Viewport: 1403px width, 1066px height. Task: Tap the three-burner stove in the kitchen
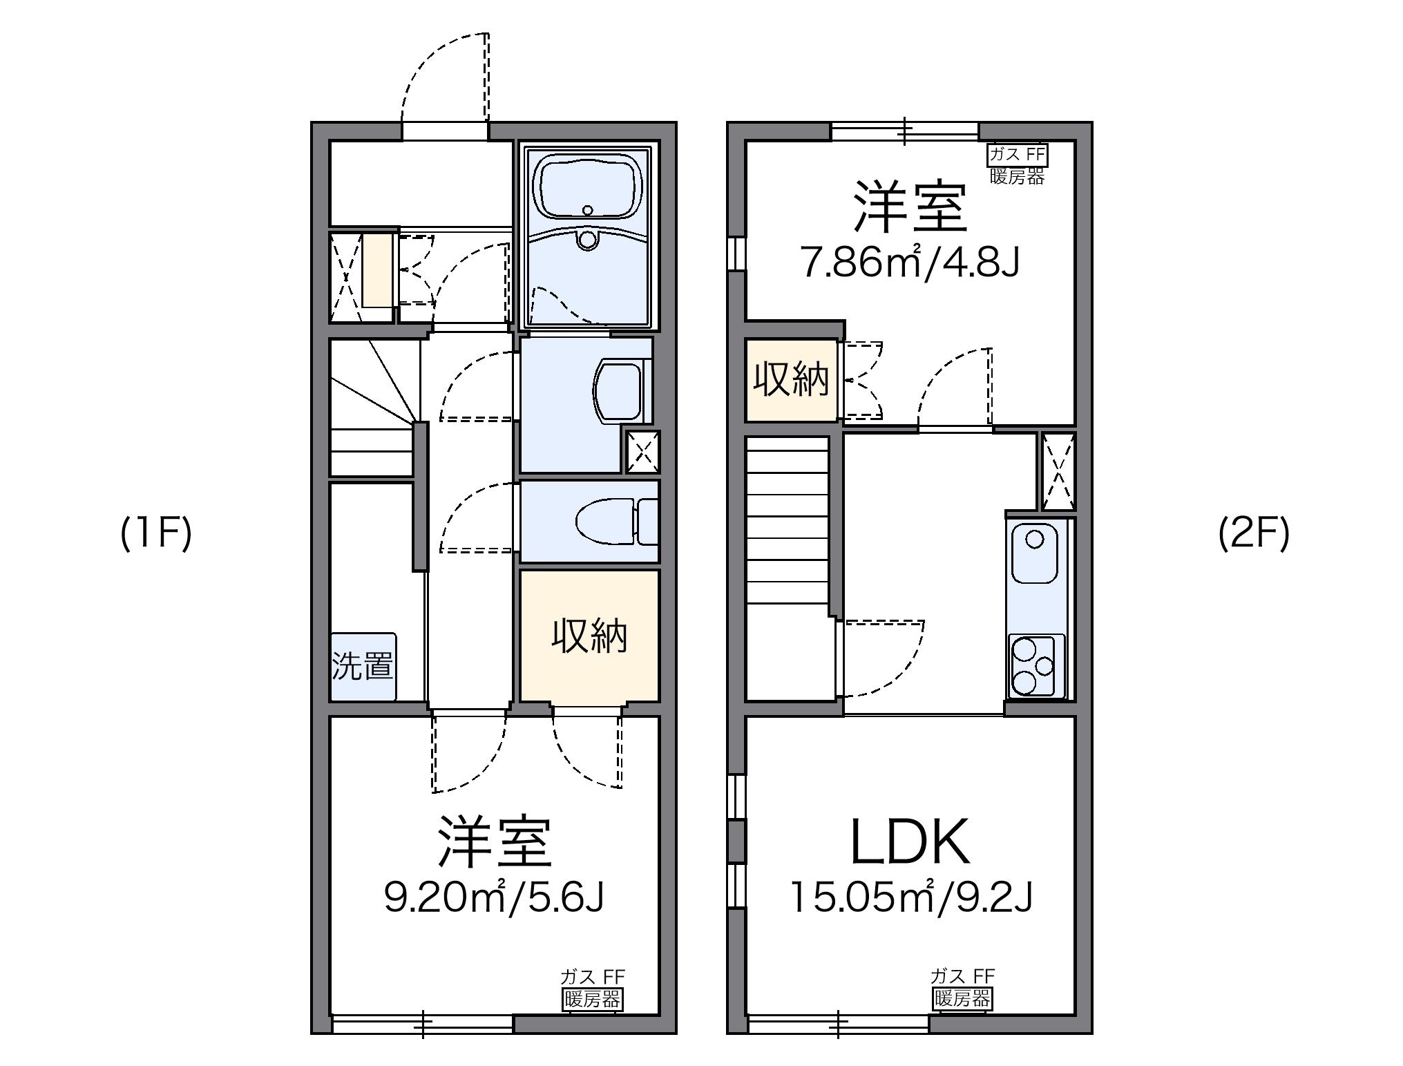click(x=1034, y=665)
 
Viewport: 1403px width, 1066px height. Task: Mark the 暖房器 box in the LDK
click(x=962, y=998)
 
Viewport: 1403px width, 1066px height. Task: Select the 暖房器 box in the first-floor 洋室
click(x=592, y=999)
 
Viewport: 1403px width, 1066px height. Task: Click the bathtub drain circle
click(x=588, y=210)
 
